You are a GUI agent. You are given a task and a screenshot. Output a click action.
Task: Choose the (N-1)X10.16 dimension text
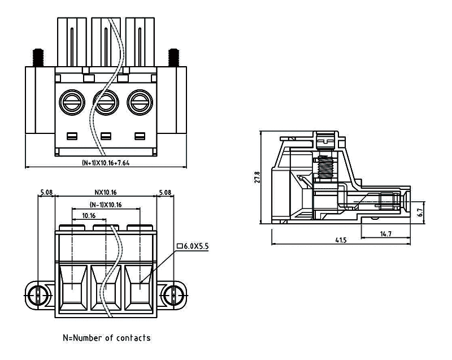click(x=106, y=204)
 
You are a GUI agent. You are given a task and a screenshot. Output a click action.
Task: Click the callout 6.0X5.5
click(x=193, y=246)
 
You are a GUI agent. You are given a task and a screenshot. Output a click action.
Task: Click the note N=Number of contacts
click(x=106, y=338)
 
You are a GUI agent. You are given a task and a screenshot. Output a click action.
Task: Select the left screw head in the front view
click(x=71, y=103)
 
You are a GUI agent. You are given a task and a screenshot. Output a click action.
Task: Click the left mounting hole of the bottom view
click(x=36, y=294)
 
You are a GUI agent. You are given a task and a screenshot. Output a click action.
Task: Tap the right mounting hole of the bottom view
click(x=176, y=294)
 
